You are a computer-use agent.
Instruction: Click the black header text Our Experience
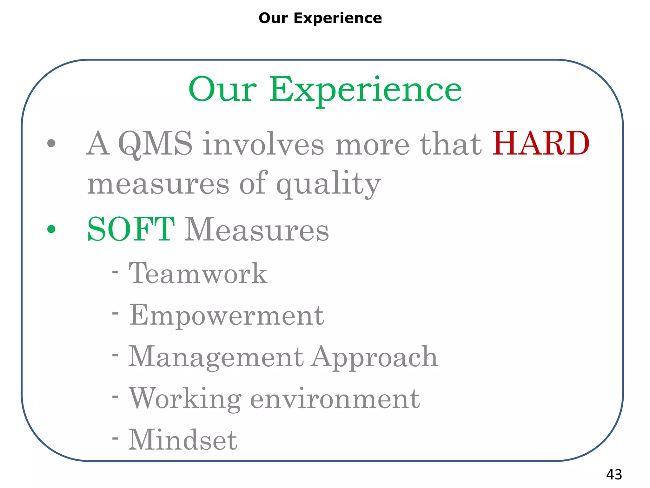coord(320,18)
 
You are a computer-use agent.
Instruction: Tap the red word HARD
coord(541,144)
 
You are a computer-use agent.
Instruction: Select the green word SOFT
coord(130,229)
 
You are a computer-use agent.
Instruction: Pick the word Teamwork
coord(198,274)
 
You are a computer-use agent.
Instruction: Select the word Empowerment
coord(227,315)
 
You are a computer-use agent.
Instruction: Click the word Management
coord(216,357)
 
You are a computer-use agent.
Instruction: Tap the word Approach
coord(375,357)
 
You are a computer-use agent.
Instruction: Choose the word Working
coord(185,399)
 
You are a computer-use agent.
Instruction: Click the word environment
coord(335,399)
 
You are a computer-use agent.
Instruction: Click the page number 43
coord(614,475)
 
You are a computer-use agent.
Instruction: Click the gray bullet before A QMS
coord(51,143)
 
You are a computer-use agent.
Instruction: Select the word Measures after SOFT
coord(256,229)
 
